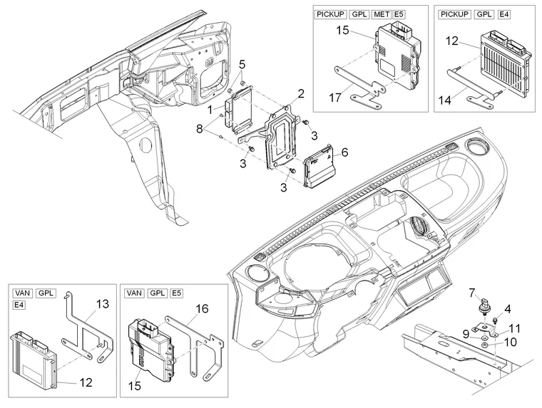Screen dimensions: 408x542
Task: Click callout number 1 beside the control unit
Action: tap(210, 110)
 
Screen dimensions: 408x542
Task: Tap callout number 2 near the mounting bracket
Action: tap(302, 93)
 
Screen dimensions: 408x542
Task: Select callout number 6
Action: tap(344, 152)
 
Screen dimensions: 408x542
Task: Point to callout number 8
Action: tap(200, 128)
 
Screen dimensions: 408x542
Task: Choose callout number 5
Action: tap(242, 64)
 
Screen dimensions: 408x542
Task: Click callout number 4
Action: tap(507, 308)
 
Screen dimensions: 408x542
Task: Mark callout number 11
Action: tap(515, 328)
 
